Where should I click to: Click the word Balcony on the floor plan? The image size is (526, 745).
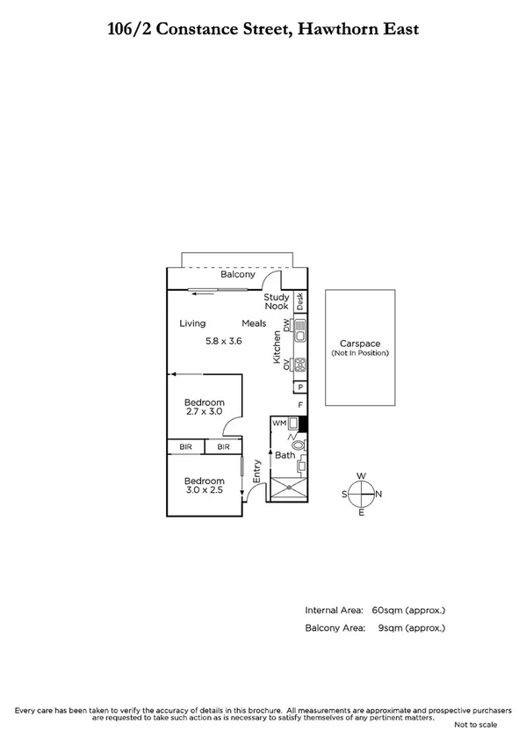tap(237, 275)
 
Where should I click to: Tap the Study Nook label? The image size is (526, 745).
tap(277, 302)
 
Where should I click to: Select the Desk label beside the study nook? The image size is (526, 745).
tap(299, 301)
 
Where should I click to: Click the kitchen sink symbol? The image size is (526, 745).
tap(299, 330)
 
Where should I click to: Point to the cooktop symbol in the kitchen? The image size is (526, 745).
tap(299, 364)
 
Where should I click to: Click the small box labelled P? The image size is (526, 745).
tap(299, 387)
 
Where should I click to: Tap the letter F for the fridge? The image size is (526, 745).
tap(300, 405)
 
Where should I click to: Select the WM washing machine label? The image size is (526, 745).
tap(279, 423)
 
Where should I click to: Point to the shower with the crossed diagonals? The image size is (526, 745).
tap(288, 490)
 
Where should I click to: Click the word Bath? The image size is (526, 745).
tap(285, 455)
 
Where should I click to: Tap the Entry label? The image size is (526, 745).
tap(257, 472)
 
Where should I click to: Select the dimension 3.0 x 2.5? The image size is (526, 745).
tap(204, 490)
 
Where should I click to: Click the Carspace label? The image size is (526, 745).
tap(359, 344)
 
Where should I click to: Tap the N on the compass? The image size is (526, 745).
tap(378, 494)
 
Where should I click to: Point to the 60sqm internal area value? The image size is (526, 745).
tap(387, 609)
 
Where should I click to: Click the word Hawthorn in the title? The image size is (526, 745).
tap(338, 29)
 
